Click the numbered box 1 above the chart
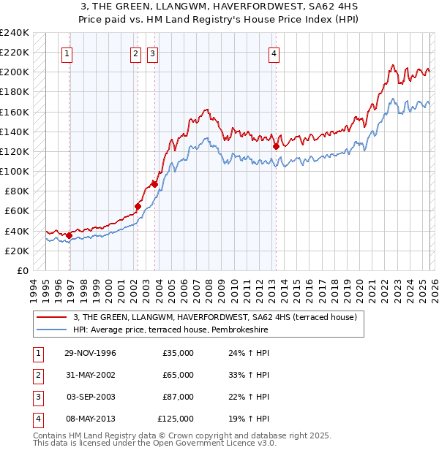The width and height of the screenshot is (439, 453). pyautogui.click(x=67, y=53)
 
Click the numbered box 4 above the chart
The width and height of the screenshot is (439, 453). pyautogui.click(x=274, y=53)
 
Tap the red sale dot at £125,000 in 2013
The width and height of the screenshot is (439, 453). pyautogui.click(x=276, y=146)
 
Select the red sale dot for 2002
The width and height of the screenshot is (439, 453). pyautogui.click(x=138, y=206)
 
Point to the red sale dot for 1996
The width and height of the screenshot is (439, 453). pyautogui.click(x=69, y=235)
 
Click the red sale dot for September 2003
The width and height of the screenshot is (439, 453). pyautogui.click(x=154, y=184)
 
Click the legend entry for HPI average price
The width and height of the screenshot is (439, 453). pyautogui.click(x=170, y=330)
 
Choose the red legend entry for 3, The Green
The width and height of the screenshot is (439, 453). pyautogui.click(x=214, y=317)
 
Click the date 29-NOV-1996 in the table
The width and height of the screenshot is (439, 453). pyautogui.click(x=90, y=353)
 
